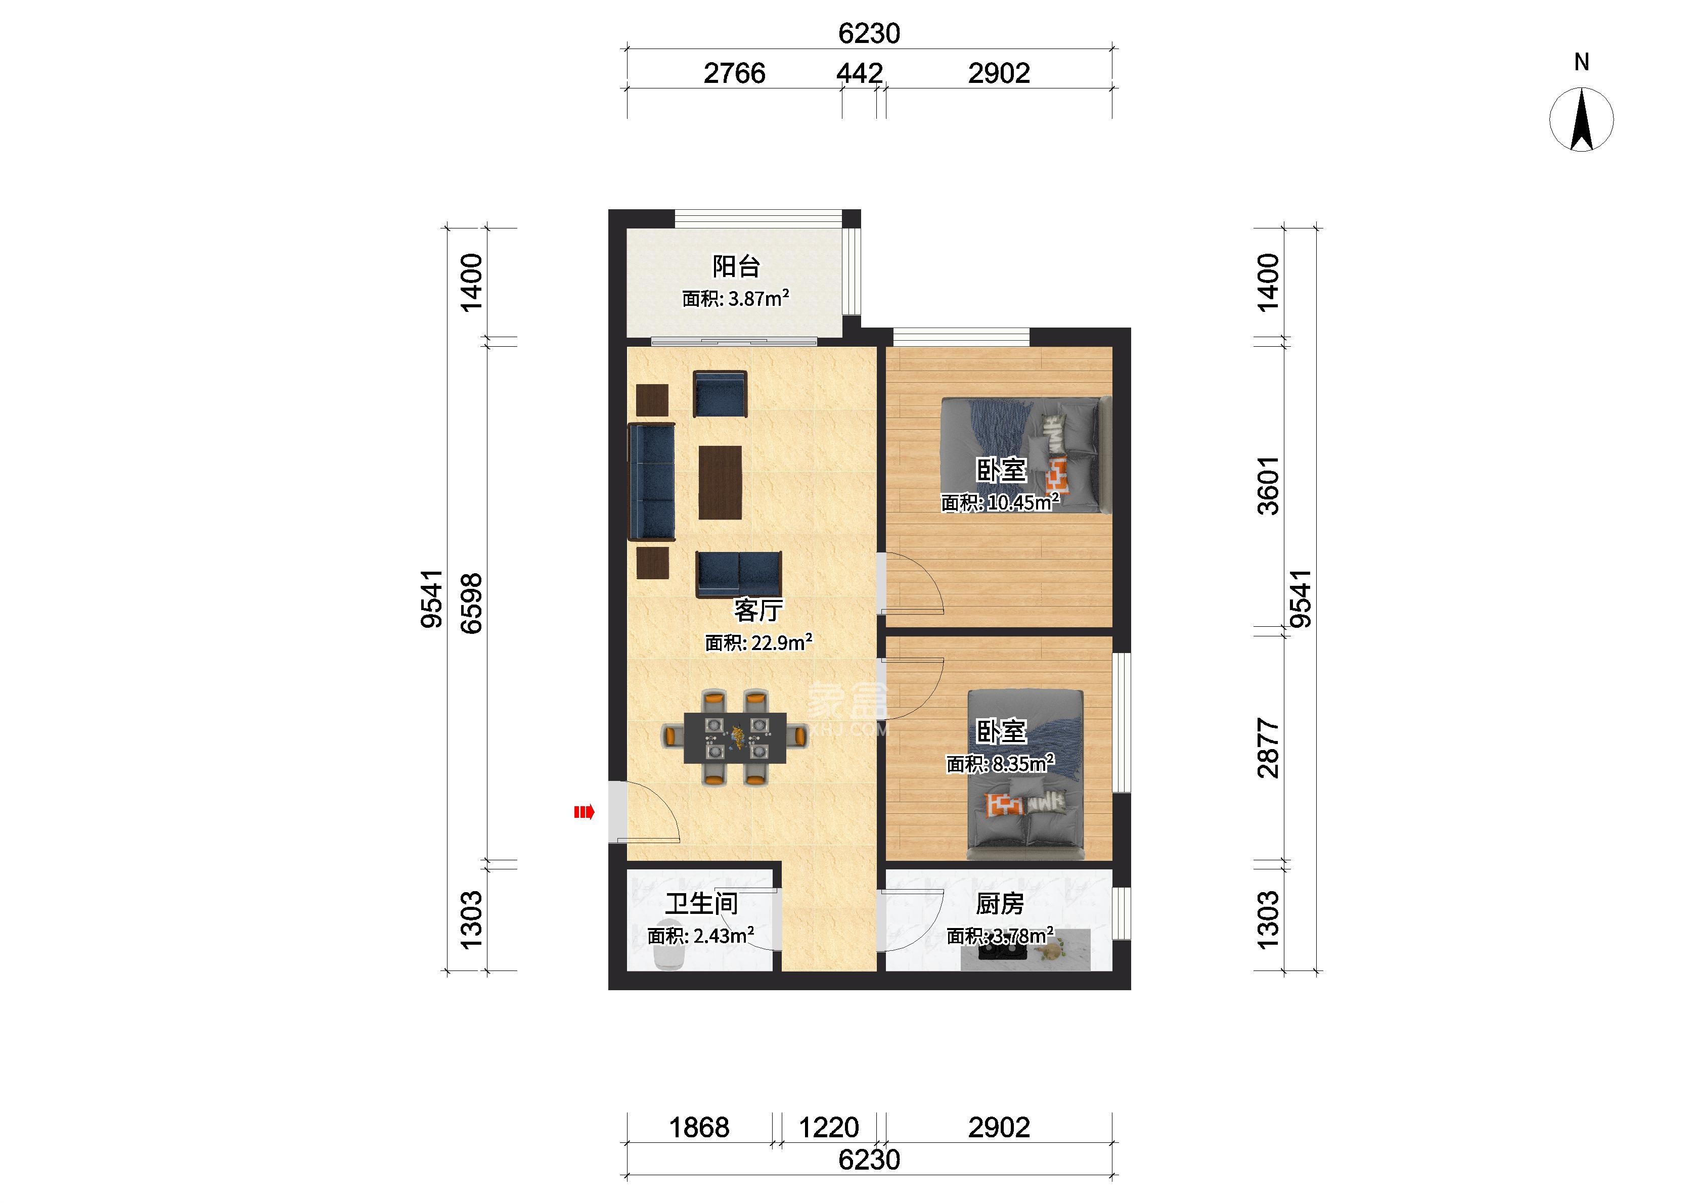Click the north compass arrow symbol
1582,119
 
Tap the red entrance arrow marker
584,813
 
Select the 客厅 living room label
758,611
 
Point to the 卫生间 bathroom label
701,904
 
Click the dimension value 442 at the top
860,73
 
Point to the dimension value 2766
734,73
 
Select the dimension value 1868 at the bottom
699,1128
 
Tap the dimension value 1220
828,1128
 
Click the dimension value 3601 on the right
1268,486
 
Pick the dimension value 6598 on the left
472,603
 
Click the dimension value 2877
1268,748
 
